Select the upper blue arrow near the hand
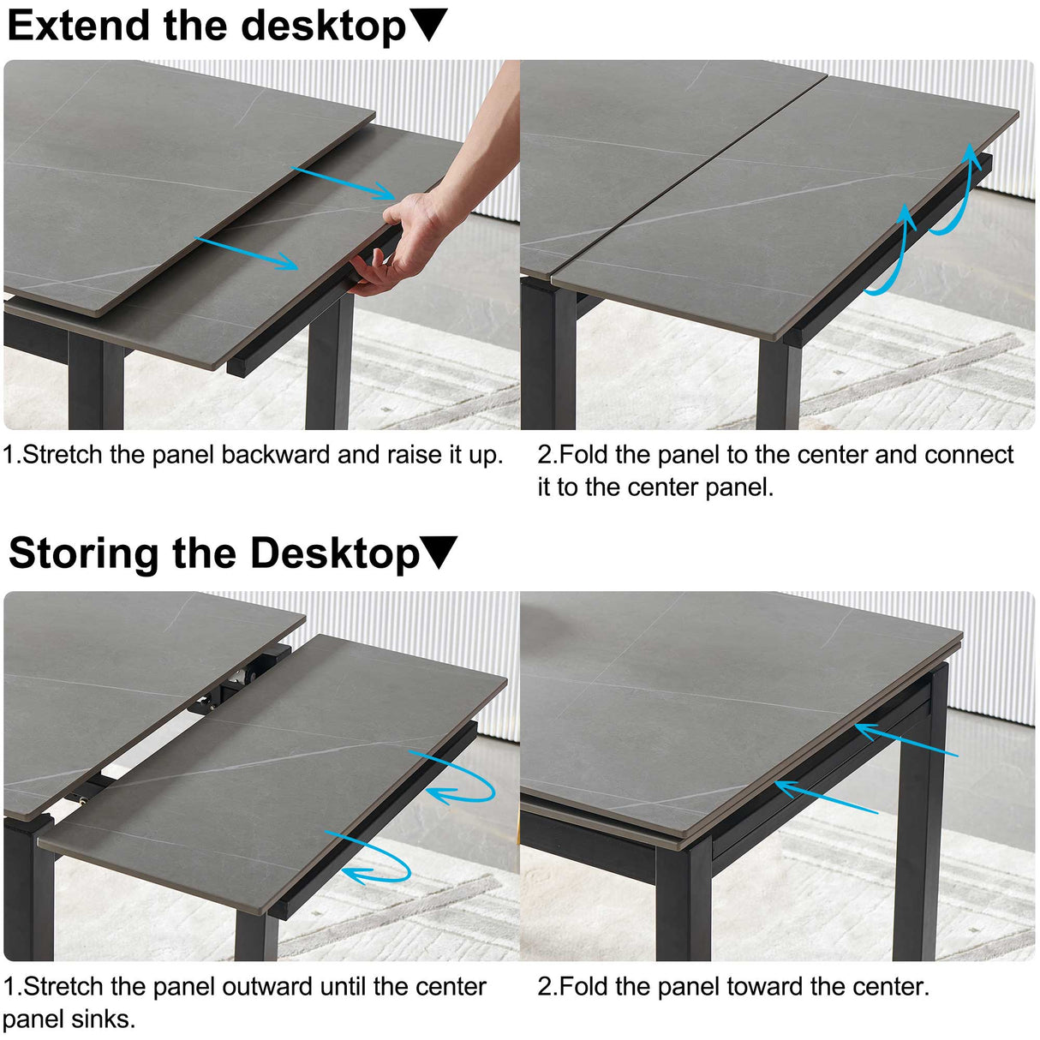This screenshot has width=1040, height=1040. (x=343, y=183)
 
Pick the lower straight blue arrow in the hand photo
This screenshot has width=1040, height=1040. (x=247, y=254)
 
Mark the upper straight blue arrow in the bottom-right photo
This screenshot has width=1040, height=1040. (x=905, y=743)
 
